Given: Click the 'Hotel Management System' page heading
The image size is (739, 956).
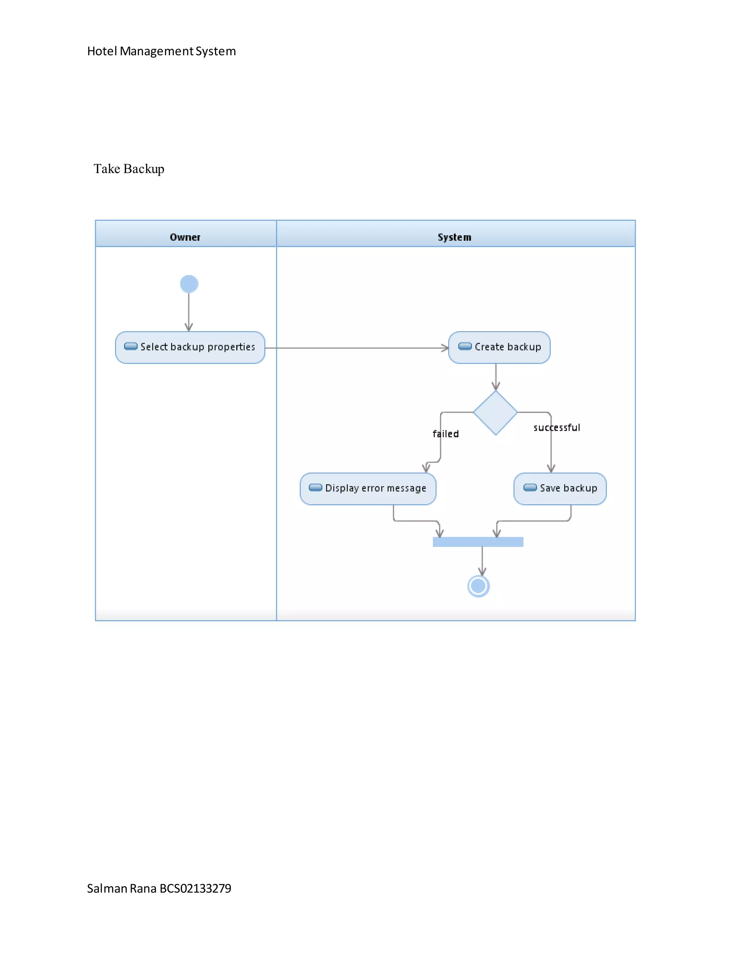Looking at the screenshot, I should coord(161,51).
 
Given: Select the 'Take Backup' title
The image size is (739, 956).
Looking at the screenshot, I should coord(129,168).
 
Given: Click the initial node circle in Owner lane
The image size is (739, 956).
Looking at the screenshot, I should coord(189,284).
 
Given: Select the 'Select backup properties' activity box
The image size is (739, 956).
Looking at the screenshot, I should coord(190,347).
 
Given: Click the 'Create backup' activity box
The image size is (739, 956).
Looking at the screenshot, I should coord(499,347).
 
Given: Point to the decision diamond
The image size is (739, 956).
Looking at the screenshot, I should coord(495,412).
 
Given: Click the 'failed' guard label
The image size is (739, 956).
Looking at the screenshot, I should coord(446,434).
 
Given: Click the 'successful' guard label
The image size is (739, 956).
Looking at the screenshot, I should coord(556,427).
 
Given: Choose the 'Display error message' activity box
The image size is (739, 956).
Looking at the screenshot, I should coord(368,488).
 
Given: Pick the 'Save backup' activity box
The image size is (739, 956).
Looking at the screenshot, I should coord(560,488).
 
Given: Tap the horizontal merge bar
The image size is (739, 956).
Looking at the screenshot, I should coord(478,542).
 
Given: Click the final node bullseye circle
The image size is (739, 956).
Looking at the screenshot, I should coord(478,586).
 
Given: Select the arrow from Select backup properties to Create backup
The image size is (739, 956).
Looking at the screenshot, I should coord(357,348).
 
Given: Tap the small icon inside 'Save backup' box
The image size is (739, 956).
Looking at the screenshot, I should coord(530,488).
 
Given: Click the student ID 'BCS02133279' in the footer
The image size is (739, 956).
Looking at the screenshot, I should coord(195,888).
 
